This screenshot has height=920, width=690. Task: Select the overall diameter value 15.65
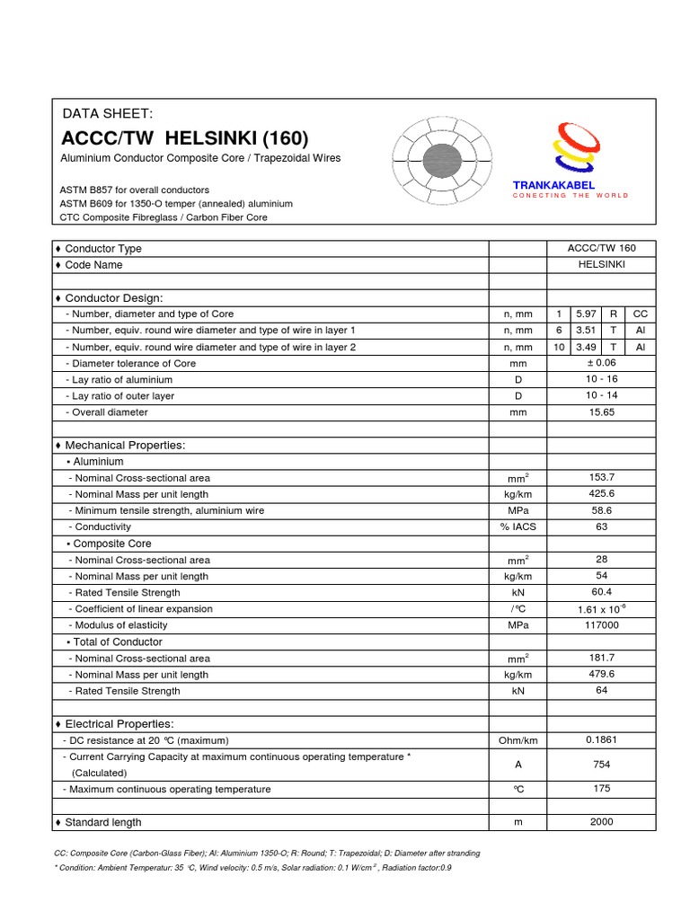[601, 411]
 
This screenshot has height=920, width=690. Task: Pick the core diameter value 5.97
[586, 314]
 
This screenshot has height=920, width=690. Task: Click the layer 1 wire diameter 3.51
[586, 330]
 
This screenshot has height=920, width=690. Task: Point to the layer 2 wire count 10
[558, 347]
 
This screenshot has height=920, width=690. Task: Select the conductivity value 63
[601, 526]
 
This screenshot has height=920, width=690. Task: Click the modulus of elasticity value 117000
[601, 625]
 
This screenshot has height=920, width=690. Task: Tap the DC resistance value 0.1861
[601, 740]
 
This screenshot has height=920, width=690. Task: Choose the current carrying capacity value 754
[601, 765]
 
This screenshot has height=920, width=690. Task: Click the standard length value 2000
[601, 822]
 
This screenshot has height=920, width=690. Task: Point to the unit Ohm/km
[517, 741]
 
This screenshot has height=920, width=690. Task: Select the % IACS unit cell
[517, 527]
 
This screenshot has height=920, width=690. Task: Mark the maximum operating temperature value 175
[601, 789]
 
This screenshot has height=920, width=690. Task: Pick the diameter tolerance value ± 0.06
[601, 363]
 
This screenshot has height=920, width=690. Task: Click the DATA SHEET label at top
[108, 113]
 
